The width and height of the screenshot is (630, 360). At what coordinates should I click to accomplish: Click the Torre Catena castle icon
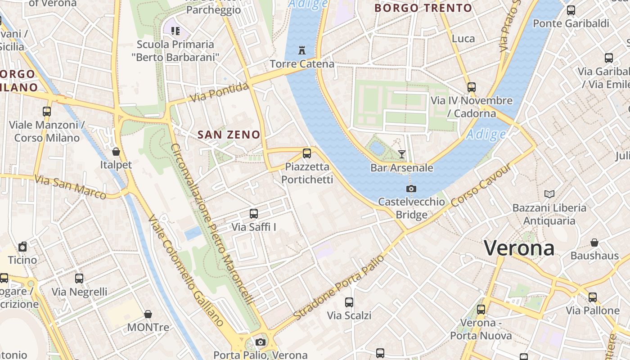pyautogui.click(x=302, y=50)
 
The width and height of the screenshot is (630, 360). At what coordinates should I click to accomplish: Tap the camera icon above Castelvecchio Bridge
pyautogui.click(x=411, y=189)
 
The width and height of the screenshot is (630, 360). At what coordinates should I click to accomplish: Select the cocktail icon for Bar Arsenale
pyautogui.click(x=402, y=154)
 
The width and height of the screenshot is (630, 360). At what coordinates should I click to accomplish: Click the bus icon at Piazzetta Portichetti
pyautogui.click(x=307, y=153)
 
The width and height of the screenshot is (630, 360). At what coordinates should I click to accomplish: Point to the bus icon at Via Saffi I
pyautogui.click(x=254, y=214)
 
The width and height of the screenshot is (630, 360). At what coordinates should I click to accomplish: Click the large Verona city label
pyautogui.click(x=519, y=248)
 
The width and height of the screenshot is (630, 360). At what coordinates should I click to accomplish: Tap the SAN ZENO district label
pyautogui.click(x=229, y=135)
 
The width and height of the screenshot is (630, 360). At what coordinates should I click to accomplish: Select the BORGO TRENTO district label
pyautogui.click(x=423, y=8)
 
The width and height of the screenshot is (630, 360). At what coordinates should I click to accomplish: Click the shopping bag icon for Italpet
pyautogui.click(x=116, y=152)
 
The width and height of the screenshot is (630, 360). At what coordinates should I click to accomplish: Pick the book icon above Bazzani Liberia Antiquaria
pyautogui.click(x=549, y=194)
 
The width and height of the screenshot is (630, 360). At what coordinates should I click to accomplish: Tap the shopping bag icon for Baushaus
pyautogui.click(x=594, y=243)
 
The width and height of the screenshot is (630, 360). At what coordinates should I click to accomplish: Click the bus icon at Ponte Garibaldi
pyautogui.click(x=571, y=10)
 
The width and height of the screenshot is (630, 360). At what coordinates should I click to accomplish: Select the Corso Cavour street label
pyautogui.click(x=481, y=185)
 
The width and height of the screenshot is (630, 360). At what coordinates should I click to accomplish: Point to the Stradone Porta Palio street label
pyautogui.click(x=339, y=288)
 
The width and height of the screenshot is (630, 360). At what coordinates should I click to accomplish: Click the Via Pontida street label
pyautogui.click(x=219, y=92)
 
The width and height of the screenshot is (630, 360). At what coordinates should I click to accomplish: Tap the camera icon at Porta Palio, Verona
pyautogui.click(x=261, y=342)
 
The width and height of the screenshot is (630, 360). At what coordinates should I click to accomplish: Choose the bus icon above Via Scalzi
pyautogui.click(x=349, y=302)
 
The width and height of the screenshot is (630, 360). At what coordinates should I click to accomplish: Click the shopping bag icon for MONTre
pyautogui.click(x=148, y=314)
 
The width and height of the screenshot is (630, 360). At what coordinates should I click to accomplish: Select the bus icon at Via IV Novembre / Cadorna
pyautogui.click(x=472, y=87)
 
